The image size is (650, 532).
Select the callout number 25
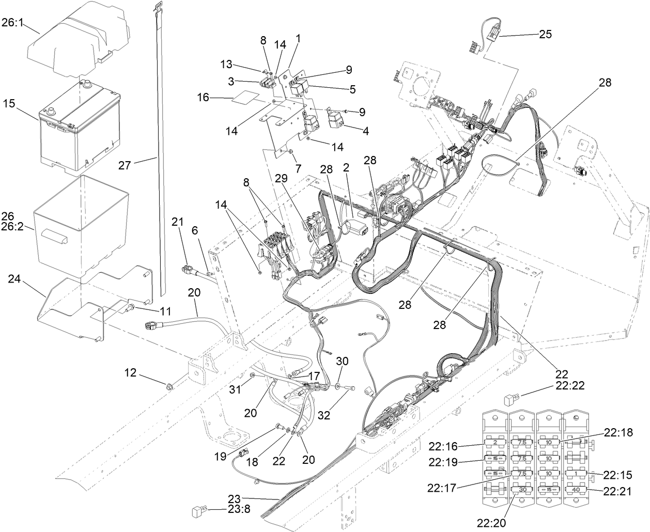[x=545, y=35]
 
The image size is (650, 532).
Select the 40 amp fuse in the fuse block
[x=575, y=489]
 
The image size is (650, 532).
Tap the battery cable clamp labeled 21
[x=187, y=269]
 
